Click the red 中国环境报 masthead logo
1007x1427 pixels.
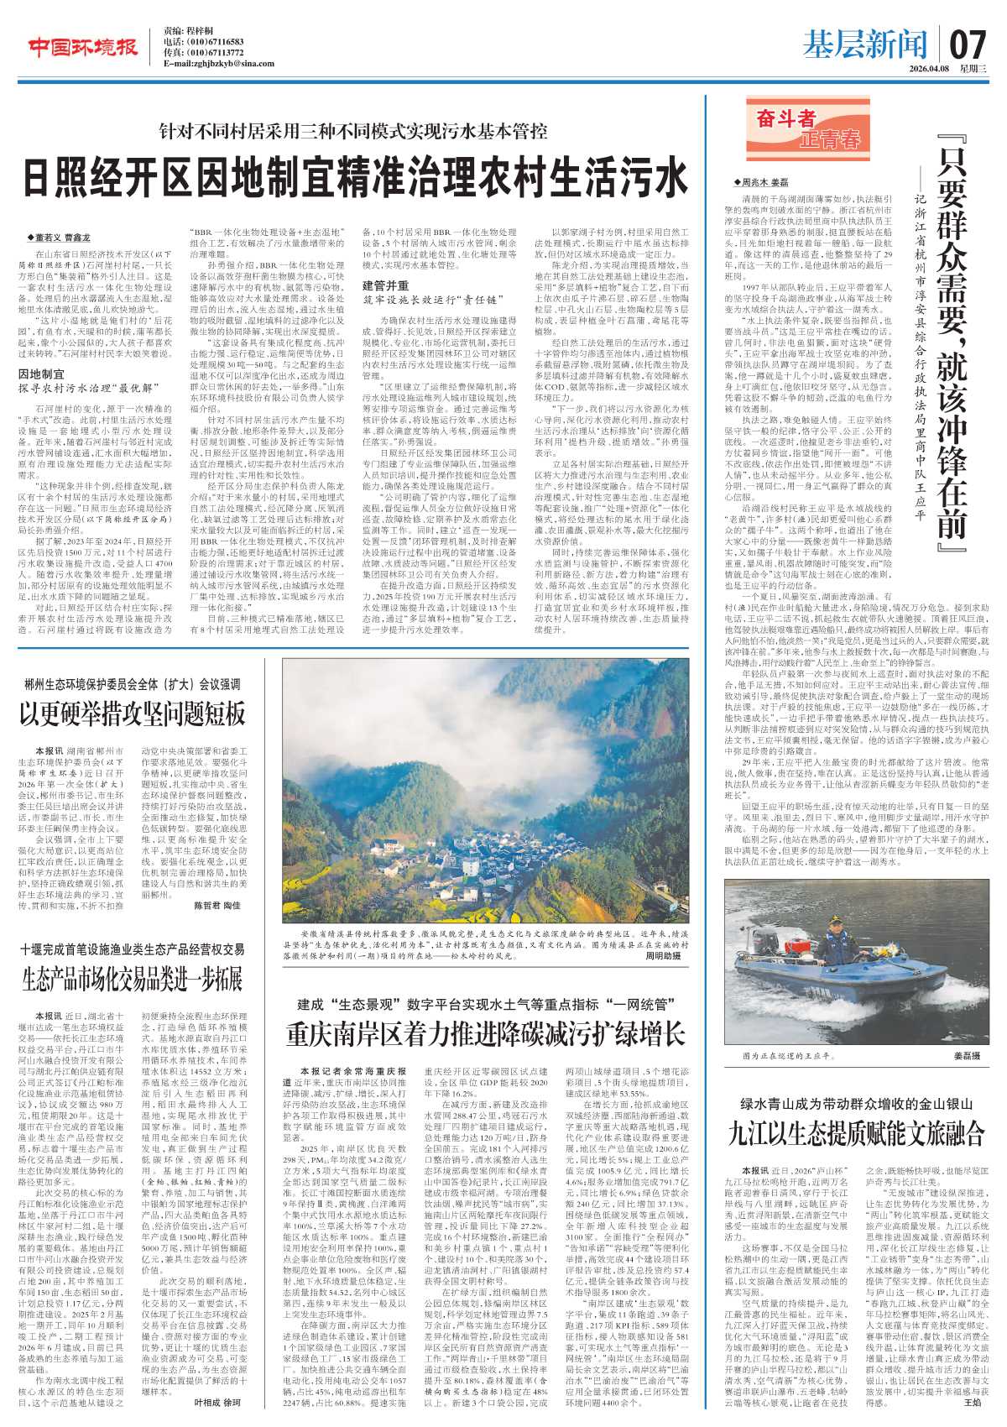point(83,48)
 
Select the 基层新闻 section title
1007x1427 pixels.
point(864,44)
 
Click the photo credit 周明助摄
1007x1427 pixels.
point(663,955)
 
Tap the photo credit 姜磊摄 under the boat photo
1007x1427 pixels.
point(965,1055)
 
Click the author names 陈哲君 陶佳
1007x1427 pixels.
point(217,906)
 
